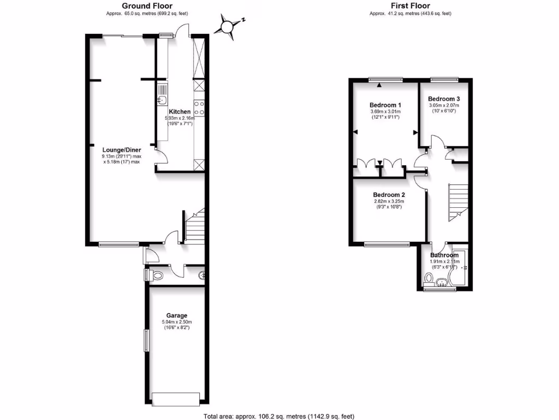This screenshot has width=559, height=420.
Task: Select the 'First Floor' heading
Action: coord(410,6)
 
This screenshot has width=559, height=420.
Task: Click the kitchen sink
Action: coord(162,100)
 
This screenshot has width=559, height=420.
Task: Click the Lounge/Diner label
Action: coord(121,149)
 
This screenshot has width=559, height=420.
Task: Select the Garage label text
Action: coord(177,316)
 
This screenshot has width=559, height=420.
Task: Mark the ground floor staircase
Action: coord(194,225)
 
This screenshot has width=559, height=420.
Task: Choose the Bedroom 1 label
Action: coord(385,105)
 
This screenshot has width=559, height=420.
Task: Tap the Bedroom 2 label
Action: coord(389,195)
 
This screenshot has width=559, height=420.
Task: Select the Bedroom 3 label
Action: coord(444,98)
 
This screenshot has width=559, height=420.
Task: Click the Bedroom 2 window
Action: coord(388,244)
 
